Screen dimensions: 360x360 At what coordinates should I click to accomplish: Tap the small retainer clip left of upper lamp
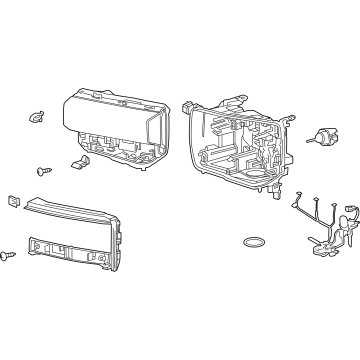click(40, 116)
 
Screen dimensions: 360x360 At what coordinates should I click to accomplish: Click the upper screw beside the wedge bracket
click(44, 172)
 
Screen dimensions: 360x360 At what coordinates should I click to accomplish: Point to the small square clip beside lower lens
click(13, 199)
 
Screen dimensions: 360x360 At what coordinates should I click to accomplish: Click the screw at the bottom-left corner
click(13, 255)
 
